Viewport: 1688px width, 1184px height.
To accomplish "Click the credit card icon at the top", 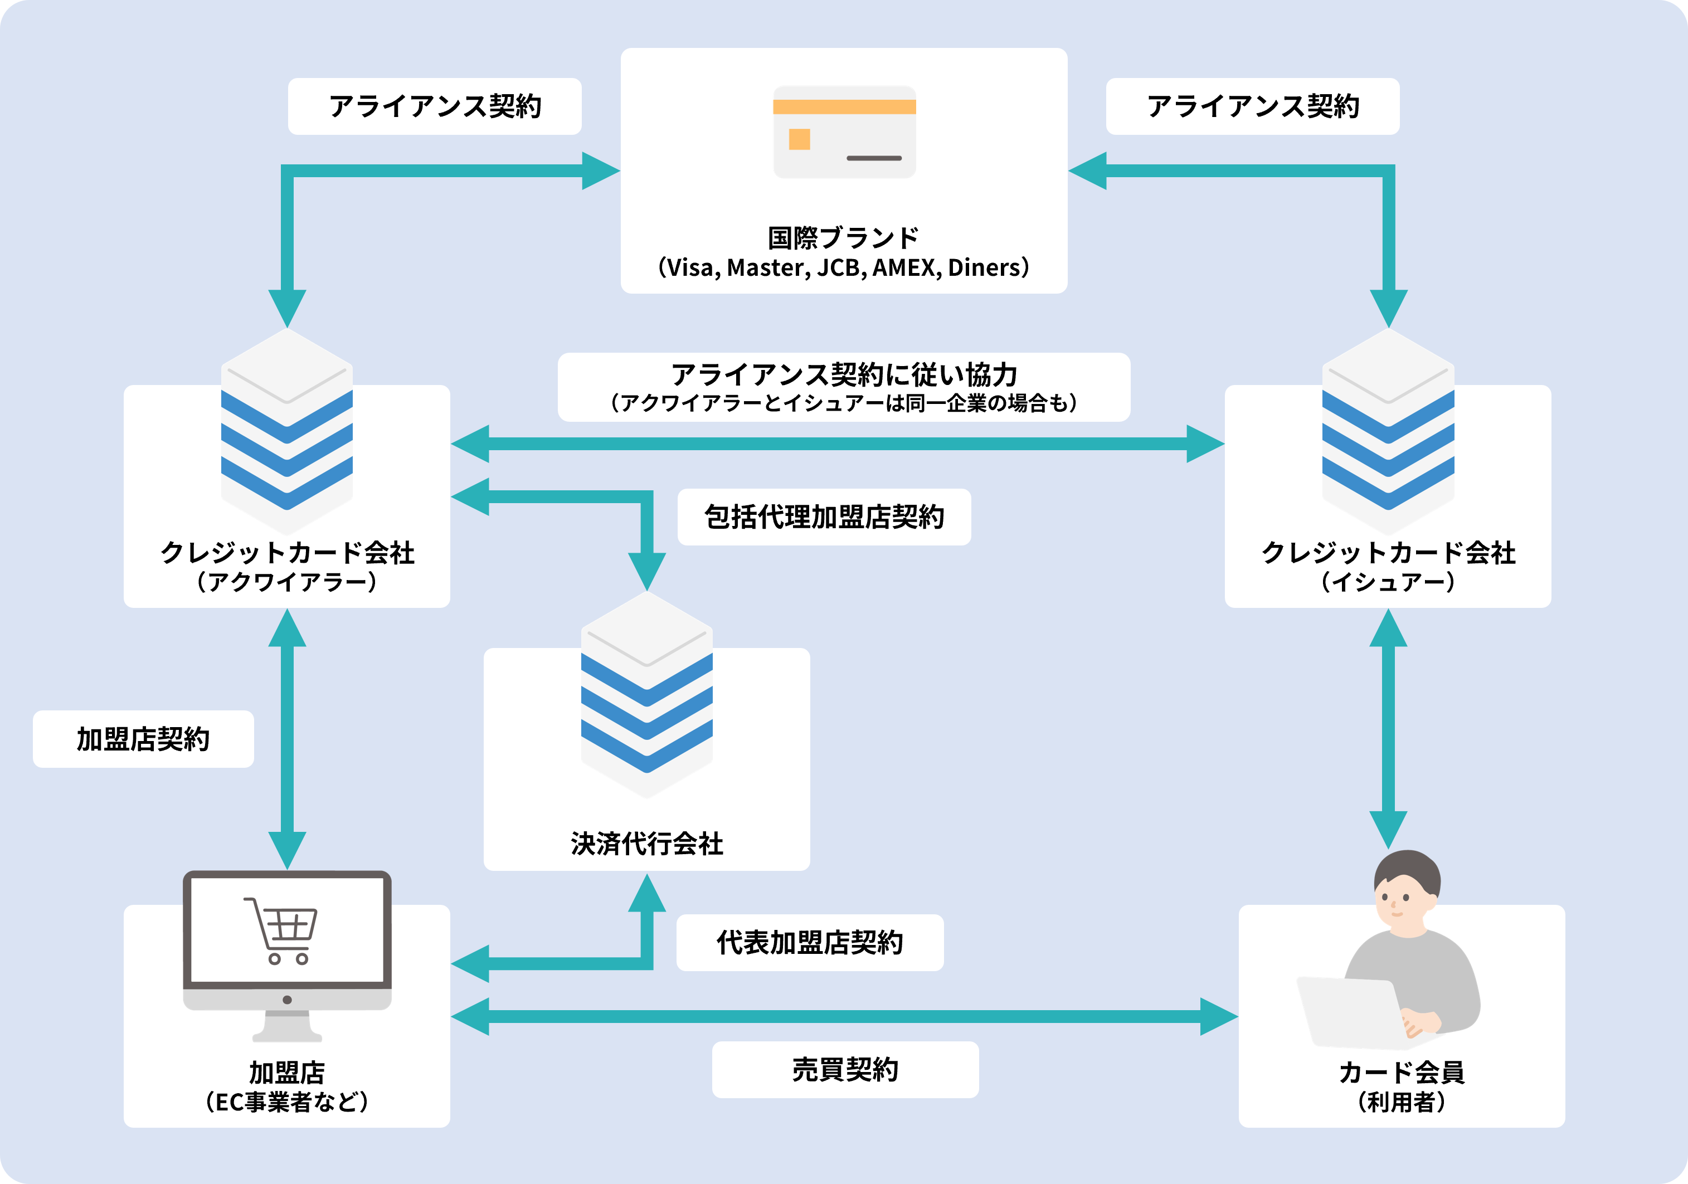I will click(844, 131).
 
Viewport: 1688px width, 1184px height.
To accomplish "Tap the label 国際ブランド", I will click(843, 237).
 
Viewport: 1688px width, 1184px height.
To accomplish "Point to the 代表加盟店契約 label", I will click(809, 942).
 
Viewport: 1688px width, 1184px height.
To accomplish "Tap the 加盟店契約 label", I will click(143, 739).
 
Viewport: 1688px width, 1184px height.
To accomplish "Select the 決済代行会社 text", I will click(647, 843).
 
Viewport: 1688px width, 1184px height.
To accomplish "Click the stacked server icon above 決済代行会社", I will click(647, 695).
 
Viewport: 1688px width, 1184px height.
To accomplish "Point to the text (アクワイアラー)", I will click(287, 582).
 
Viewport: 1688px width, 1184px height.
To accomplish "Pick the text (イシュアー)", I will click(1388, 582).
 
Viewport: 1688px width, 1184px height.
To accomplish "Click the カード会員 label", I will click(1401, 1073).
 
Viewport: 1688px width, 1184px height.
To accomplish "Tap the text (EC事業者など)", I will click(287, 1102).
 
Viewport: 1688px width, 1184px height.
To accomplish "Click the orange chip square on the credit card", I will click(799, 139).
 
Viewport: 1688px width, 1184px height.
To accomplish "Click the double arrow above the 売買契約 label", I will click(844, 1016).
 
